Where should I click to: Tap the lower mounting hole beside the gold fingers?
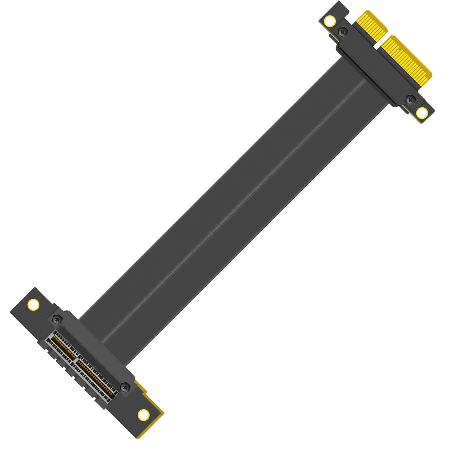(422, 113)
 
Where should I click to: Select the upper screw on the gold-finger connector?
(343, 31)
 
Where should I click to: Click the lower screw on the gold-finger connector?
(410, 99)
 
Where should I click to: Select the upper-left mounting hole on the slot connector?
(33, 304)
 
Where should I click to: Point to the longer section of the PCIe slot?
(95, 379)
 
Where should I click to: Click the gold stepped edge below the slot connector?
(153, 400)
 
